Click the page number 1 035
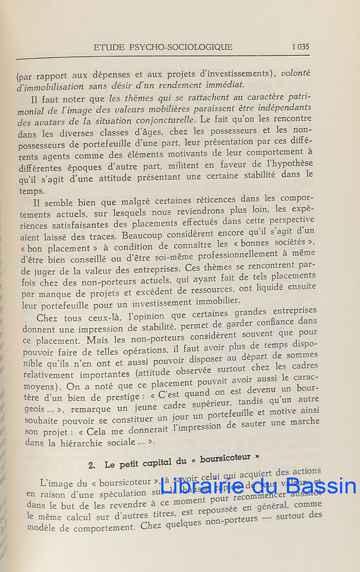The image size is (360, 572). (300, 47)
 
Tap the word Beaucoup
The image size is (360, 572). (143, 235)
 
